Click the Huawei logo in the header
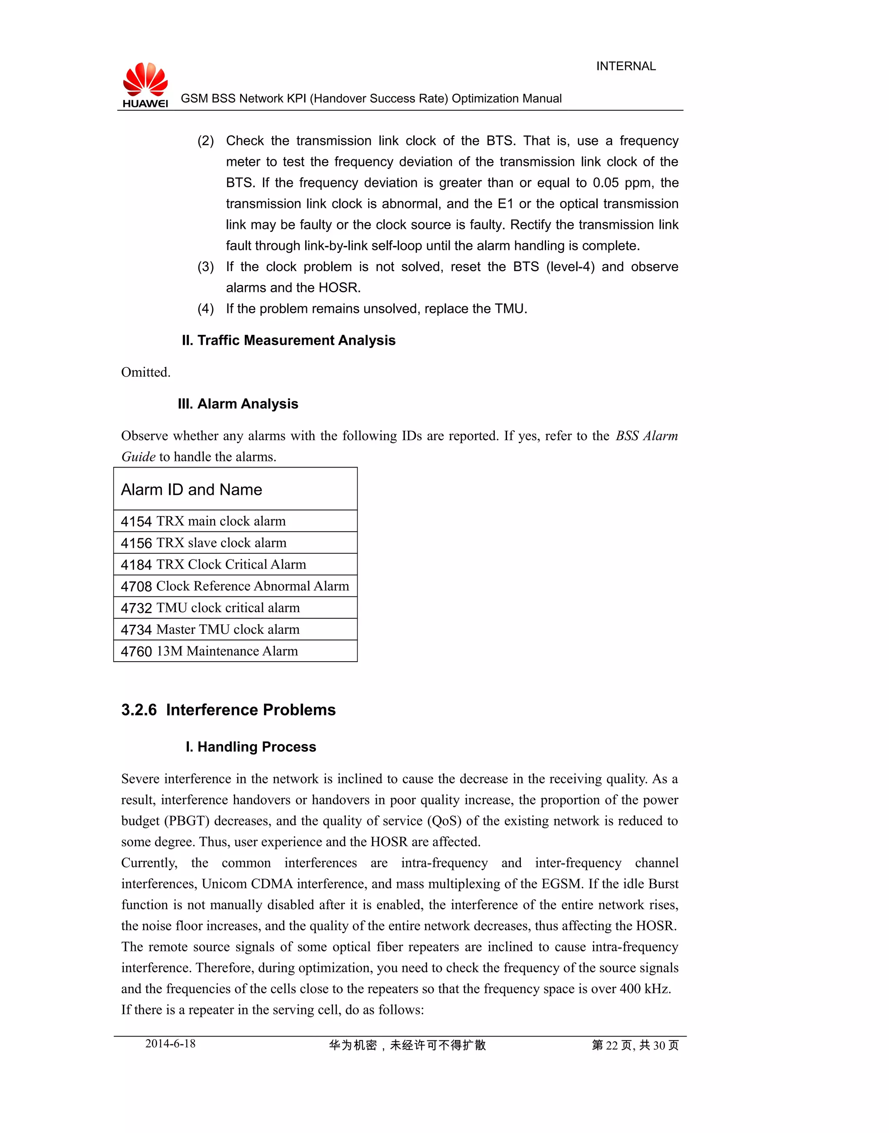click(145, 84)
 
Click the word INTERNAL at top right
click(626, 66)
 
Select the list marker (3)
click(206, 267)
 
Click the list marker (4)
click(206, 309)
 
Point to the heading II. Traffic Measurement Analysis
click(288, 340)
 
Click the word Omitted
click(146, 372)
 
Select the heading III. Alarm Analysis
click(238, 404)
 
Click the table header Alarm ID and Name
click(191, 490)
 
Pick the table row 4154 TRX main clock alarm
click(203, 521)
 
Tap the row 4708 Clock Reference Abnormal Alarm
click(235, 586)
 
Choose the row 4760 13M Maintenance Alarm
click(209, 651)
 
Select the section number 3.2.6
click(139, 709)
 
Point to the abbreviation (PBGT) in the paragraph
click(187, 821)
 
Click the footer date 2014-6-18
click(170, 1044)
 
